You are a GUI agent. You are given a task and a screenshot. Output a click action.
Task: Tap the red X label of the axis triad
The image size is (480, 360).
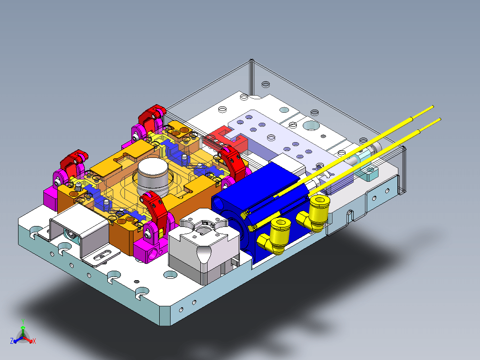tap(34, 341)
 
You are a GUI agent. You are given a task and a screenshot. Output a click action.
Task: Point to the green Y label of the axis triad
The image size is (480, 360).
tap(23, 322)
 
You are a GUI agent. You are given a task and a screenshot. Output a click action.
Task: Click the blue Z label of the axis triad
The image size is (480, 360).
tap(12, 341)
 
